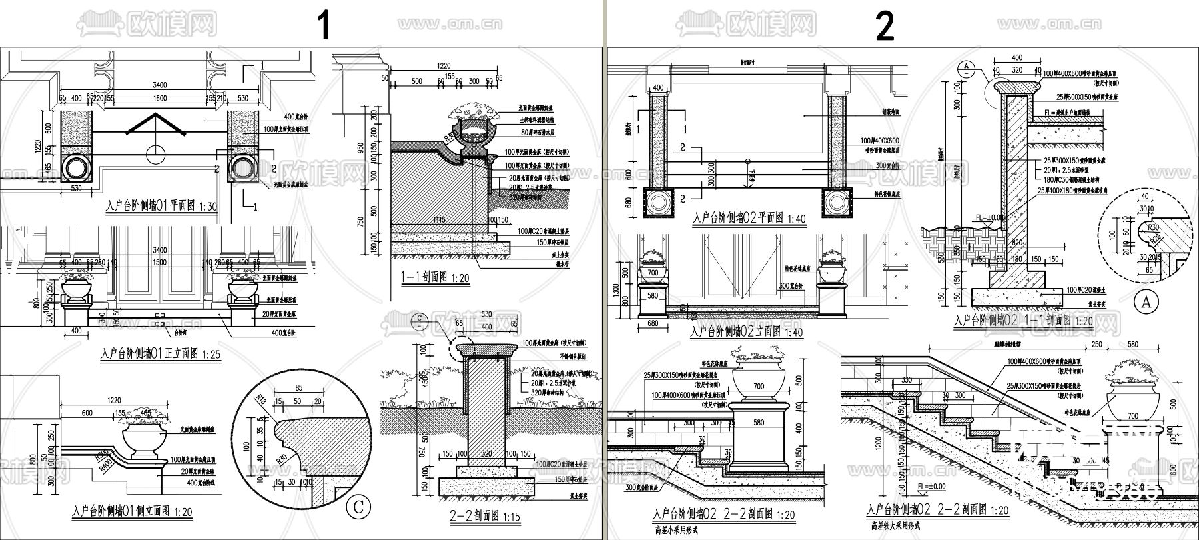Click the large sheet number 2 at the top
885,27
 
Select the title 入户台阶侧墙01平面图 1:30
162,206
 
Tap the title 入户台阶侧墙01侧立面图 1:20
133,512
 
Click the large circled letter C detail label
358,507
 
